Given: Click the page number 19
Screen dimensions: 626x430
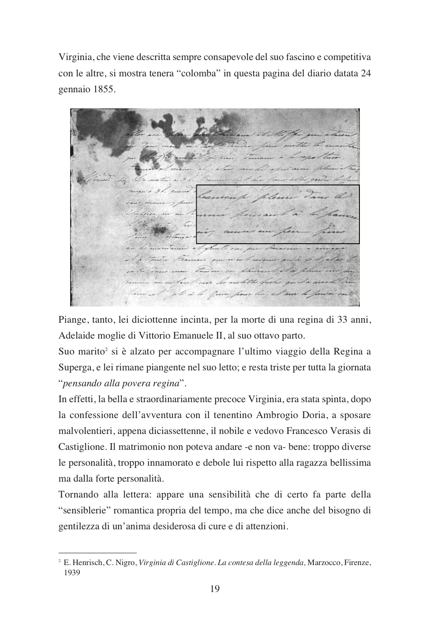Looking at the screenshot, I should pos(215,588).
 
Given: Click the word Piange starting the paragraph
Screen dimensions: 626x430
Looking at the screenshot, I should pos(73,320).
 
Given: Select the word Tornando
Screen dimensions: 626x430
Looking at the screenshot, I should pos(78,495).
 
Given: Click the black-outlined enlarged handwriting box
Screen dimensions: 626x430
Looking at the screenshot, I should pos(277,214).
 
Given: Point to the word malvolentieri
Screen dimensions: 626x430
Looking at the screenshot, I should pos(86,431).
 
